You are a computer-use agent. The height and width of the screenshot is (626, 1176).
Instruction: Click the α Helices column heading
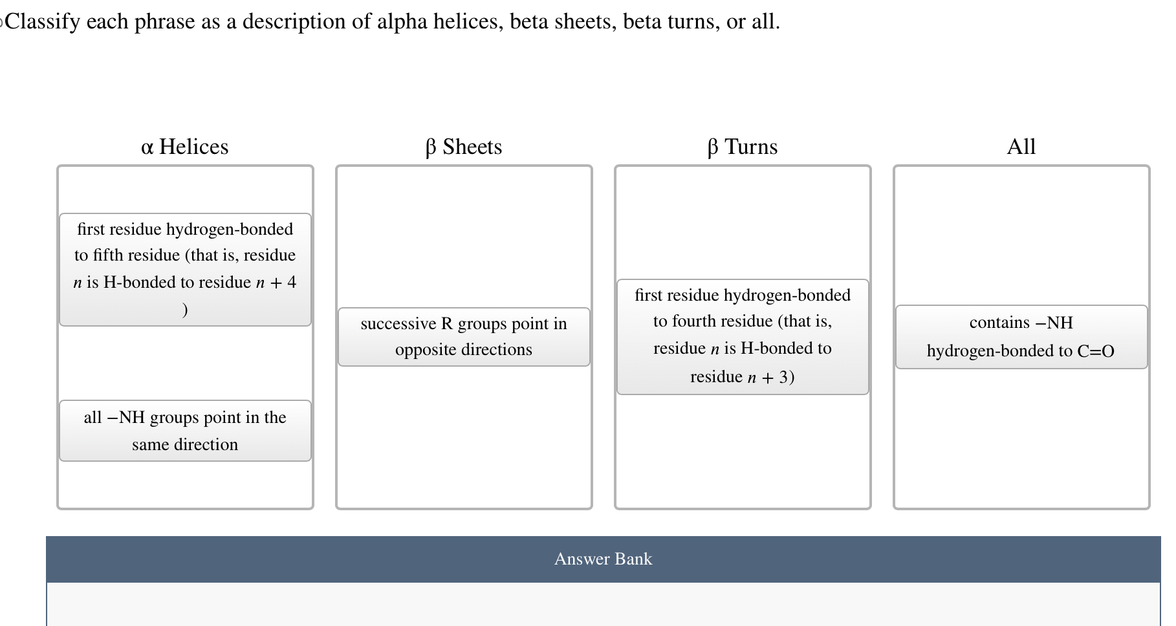click(184, 147)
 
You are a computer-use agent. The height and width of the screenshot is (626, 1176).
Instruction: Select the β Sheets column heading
click(463, 147)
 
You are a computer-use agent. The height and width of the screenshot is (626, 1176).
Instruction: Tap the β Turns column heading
click(742, 147)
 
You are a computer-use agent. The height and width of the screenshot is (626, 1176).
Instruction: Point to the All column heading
click(1021, 147)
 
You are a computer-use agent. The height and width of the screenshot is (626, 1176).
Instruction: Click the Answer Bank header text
click(603, 559)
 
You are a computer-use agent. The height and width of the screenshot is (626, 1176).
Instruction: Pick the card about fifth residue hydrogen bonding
click(185, 269)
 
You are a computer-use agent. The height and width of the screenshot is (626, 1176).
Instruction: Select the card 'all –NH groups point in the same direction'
click(185, 431)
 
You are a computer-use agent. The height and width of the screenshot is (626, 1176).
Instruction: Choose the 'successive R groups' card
click(464, 337)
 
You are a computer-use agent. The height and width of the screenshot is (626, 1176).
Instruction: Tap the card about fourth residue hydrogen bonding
click(743, 336)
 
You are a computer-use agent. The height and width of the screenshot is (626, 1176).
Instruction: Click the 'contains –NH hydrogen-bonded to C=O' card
click(1021, 337)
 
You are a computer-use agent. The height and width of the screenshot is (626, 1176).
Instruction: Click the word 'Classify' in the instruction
click(43, 22)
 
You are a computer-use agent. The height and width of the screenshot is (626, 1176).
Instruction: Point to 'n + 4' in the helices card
click(276, 283)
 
